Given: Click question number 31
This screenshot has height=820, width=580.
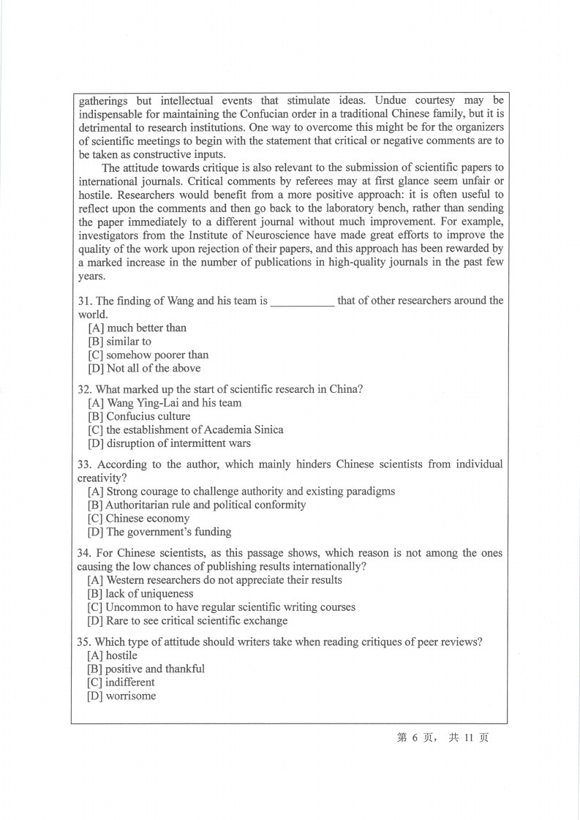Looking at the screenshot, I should [85, 301].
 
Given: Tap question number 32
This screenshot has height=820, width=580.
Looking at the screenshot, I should [85, 389].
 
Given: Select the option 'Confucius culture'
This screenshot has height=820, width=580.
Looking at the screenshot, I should [138, 416].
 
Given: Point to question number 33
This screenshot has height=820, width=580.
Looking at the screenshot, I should [85, 464].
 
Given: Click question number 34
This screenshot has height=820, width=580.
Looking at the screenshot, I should [85, 554].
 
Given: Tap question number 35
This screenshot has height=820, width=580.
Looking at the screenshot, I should [85, 642].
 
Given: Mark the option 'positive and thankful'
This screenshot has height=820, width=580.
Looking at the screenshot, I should [146, 669].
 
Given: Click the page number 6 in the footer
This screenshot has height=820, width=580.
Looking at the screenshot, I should [414, 738].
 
